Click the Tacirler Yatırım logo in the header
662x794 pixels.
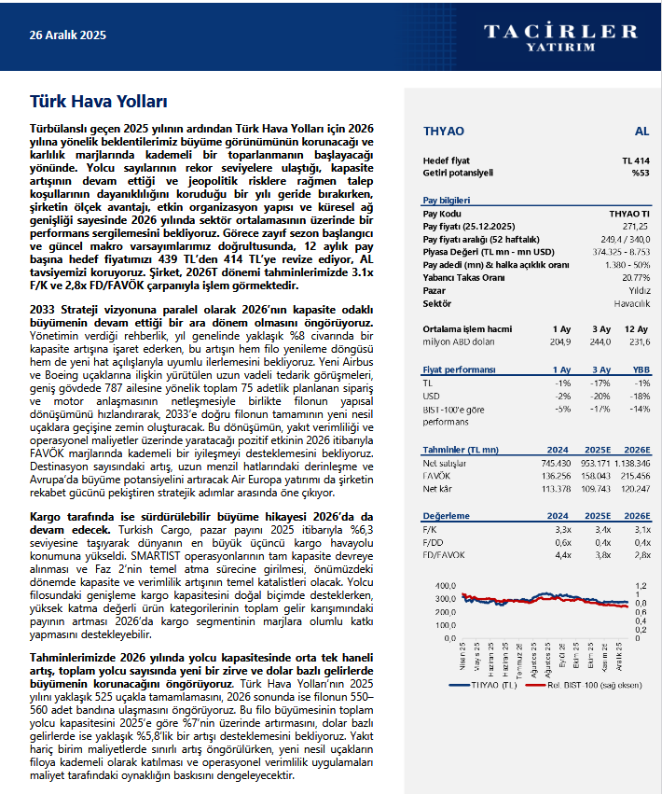click(560, 36)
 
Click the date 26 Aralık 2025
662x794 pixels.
click(68, 35)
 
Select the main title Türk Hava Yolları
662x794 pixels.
click(98, 100)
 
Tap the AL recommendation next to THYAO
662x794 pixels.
click(641, 131)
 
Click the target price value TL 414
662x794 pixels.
click(636, 161)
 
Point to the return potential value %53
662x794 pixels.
click(641, 173)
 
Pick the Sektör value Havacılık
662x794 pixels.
click(632, 304)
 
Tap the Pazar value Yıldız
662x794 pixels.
click(640, 291)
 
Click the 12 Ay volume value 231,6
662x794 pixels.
click(637, 342)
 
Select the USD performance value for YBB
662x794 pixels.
click(640, 396)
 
